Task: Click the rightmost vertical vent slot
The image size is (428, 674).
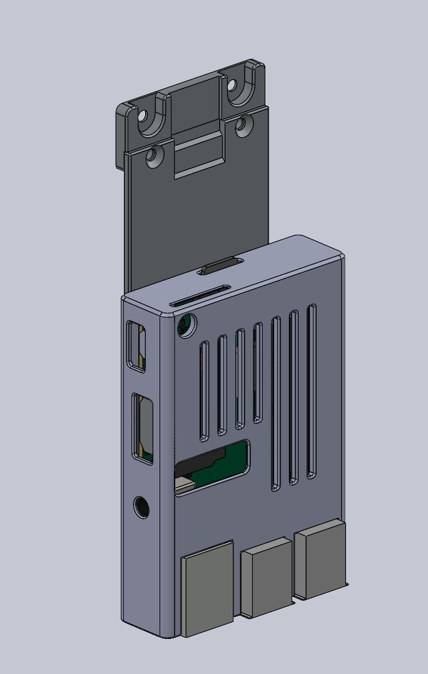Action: coord(312,391)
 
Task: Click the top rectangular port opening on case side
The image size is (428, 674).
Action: coord(136,346)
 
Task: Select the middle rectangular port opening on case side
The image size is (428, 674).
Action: coord(143,429)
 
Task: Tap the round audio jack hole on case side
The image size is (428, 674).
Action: coord(142,507)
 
